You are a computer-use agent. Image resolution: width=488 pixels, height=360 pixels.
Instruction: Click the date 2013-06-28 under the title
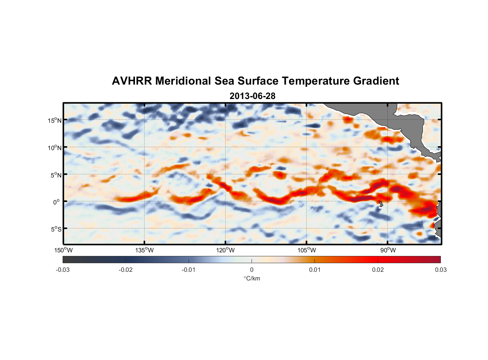[252, 96]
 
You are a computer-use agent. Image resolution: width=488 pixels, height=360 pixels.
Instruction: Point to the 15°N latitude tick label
[55, 120]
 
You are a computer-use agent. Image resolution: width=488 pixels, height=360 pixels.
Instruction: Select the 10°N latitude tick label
[55, 148]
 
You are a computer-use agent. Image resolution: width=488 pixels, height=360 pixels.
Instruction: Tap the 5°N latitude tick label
[56, 175]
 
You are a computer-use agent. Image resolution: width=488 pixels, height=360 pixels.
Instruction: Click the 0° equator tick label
[57, 202]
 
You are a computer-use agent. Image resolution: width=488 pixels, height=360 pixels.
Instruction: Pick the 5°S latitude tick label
[56, 229]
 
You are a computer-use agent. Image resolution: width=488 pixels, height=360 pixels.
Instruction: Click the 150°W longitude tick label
[64, 250]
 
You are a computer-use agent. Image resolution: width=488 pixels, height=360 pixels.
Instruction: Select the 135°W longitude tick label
[145, 250]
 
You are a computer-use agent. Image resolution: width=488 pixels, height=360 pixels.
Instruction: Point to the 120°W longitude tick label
[226, 250]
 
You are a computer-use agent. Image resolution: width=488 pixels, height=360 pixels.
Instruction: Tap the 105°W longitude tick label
[307, 250]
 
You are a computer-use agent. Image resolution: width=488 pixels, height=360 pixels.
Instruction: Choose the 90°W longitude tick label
[388, 250]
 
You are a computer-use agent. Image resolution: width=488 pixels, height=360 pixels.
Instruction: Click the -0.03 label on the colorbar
[63, 270]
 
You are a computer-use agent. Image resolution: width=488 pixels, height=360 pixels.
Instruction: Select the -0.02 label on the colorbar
[126, 270]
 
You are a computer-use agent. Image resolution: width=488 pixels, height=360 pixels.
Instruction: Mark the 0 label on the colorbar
[252, 270]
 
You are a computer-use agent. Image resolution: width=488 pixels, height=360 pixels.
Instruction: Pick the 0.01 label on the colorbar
[315, 270]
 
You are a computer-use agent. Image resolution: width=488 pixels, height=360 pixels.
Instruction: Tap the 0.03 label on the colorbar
[440, 270]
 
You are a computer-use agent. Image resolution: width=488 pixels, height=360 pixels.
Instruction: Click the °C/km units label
[252, 278]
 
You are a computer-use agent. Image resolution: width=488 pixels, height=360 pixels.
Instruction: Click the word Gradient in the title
[376, 81]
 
